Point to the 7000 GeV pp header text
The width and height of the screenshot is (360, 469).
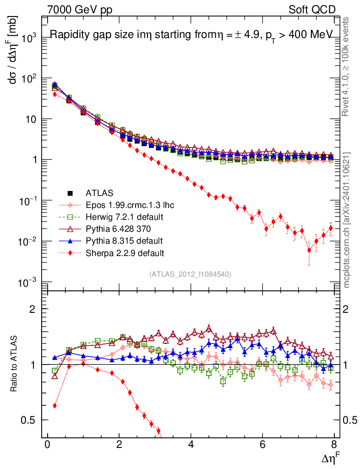coord(80,10)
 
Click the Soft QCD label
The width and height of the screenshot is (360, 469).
coord(312,10)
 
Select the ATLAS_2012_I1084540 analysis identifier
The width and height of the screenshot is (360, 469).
coord(190,274)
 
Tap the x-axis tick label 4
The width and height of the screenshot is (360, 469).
coord(191,444)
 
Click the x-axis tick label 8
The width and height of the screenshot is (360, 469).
coord(334,444)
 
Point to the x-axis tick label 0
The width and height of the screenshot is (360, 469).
coord(47,444)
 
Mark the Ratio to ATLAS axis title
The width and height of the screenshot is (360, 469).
coord(14,364)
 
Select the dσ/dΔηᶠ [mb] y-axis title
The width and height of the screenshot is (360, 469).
coord(13,50)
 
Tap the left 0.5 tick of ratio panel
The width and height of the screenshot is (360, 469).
coord(27,420)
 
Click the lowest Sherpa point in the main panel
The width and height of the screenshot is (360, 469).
coord(309,250)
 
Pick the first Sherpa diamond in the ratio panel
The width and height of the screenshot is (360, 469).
coord(55,406)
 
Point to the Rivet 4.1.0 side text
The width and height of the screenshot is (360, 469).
coord(345,67)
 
